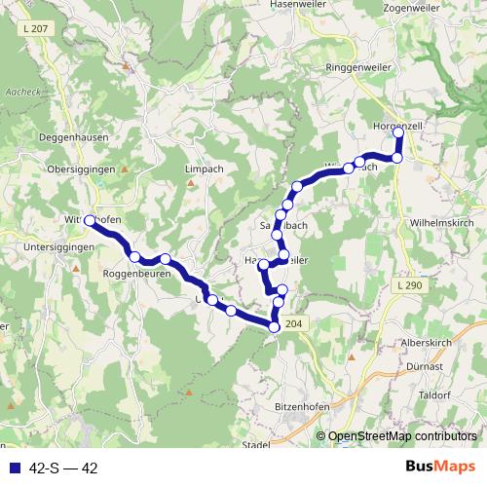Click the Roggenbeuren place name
pos(136,275)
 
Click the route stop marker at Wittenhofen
pos(90,221)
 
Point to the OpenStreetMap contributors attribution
pos(401,436)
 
